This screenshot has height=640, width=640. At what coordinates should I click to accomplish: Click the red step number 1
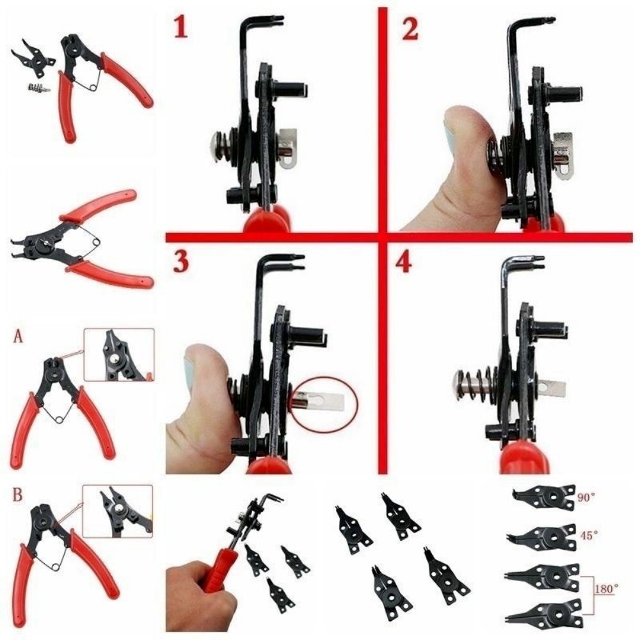181,27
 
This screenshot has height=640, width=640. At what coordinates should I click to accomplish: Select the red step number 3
181,262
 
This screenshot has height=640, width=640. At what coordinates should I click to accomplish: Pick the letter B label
18,495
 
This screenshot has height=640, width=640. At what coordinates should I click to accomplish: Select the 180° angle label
605,587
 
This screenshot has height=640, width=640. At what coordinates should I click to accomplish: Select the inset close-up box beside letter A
119,355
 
